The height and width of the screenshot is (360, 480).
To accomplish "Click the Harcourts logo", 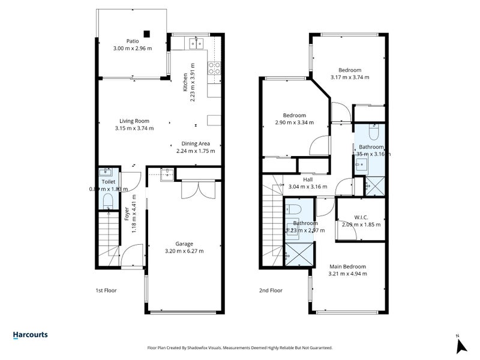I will (30, 335).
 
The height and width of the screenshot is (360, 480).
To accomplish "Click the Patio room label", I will (124, 41).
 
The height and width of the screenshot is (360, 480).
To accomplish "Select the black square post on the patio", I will (146, 34).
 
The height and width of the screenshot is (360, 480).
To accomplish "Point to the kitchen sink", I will (194, 43).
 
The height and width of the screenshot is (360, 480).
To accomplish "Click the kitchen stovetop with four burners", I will (213, 69).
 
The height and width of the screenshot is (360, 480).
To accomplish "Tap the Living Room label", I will (134, 121).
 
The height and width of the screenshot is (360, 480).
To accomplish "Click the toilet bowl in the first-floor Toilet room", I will (108, 200).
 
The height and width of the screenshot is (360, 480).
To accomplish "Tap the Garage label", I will (184, 244).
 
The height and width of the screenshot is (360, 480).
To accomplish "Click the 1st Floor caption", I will (106, 290).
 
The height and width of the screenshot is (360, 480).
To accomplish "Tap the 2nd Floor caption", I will (271, 290).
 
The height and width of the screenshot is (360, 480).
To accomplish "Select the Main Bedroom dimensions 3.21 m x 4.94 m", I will (347, 274).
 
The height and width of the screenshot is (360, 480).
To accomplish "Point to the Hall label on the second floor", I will (308, 179).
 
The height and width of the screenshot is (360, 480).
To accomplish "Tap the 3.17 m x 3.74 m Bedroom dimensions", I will (349, 77).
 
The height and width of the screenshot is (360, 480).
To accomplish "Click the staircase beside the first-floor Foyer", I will (109, 240).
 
